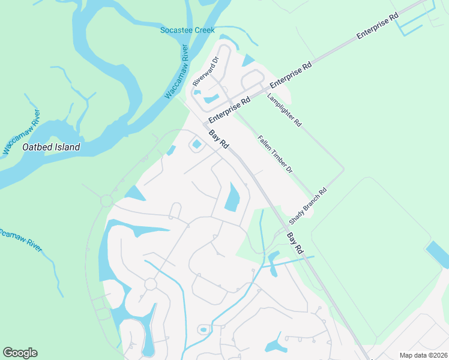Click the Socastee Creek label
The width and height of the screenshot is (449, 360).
tap(187, 30)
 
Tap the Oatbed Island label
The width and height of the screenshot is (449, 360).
tap(50, 146)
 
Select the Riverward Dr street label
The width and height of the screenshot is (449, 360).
tap(205, 73)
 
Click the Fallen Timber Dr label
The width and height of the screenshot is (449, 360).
tap(275, 154)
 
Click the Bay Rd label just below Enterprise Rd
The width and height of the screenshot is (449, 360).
tap(219, 140)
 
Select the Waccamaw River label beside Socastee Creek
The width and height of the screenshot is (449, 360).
tap(177, 71)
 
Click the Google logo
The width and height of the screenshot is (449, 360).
tap(20, 353)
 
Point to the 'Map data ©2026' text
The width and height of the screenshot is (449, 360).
tap(423, 355)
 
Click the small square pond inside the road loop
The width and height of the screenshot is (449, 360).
tap(197, 144)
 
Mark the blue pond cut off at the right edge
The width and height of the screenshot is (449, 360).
tap(438, 255)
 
